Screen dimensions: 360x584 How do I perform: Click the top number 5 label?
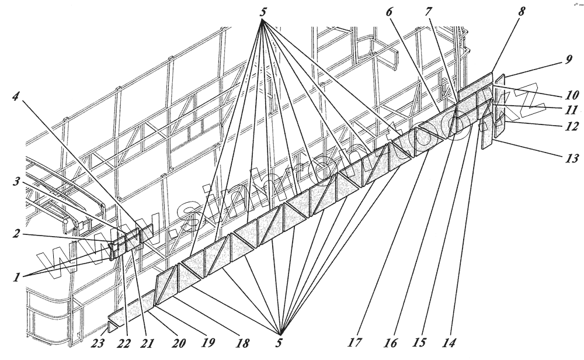[x=263, y=12]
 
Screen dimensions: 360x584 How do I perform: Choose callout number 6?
[x=390, y=12]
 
